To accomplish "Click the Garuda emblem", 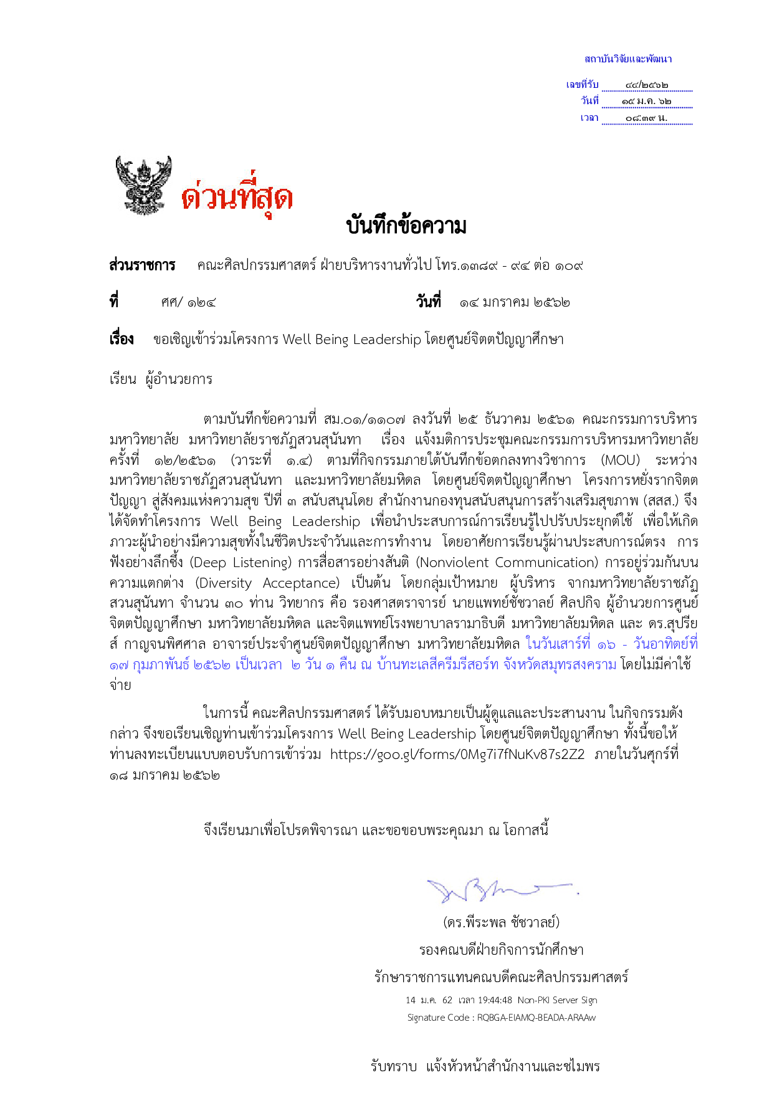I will [x=143, y=186].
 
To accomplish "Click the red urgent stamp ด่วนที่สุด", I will [x=237, y=197].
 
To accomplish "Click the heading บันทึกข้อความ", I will [x=406, y=226].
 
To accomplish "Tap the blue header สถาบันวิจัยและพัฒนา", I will [x=627, y=59].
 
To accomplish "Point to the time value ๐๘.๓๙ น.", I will [x=646, y=118].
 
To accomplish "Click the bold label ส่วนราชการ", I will [x=142, y=265].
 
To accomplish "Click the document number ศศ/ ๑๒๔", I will [x=188, y=303].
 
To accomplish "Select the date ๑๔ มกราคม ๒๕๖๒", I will [x=515, y=303].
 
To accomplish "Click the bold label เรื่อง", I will [x=122, y=340].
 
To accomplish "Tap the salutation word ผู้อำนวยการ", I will [x=179, y=379].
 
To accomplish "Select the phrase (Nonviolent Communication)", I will [x=507, y=563].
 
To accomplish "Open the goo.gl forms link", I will [x=457, y=755].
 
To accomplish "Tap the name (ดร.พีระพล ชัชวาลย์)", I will [x=501, y=922].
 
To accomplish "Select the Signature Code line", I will [x=501, y=1018].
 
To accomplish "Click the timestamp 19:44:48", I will [x=495, y=1000].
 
